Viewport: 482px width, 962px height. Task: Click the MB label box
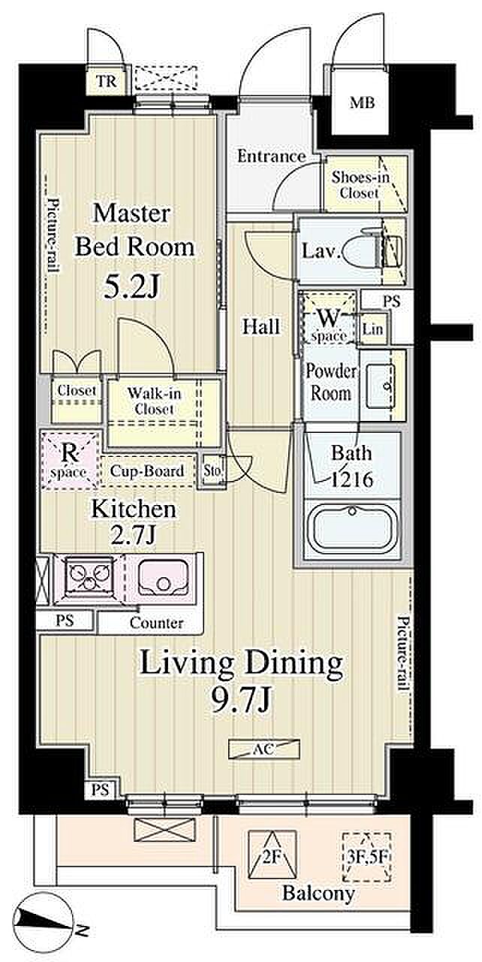click(362, 103)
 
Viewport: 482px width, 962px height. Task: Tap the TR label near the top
click(107, 81)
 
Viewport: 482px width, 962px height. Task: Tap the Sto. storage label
click(213, 470)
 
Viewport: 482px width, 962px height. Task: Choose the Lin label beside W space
click(372, 329)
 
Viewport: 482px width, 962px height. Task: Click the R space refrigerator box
click(70, 460)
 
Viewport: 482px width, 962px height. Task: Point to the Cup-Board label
click(146, 470)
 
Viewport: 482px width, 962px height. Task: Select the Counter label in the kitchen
click(156, 623)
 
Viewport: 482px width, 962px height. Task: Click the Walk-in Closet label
click(154, 401)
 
